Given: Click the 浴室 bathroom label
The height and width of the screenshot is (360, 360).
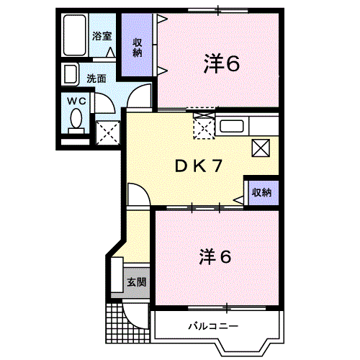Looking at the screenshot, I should pyautogui.click(x=101, y=35).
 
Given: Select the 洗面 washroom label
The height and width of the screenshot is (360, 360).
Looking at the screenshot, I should pyautogui.click(x=96, y=78).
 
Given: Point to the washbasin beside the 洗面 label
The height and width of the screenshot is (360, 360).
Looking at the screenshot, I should pyautogui.click(x=71, y=74).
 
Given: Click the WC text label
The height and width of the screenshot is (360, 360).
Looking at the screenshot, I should pyautogui.click(x=76, y=102).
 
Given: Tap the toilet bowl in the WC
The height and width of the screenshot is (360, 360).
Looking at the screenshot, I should pyautogui.click(x=76, y=120).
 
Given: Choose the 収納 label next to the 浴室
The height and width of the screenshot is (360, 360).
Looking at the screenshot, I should pyautogui.click(x=137, y=47).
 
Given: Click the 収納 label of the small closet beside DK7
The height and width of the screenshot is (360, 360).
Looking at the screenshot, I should pyautogui.click(x=261, y=192).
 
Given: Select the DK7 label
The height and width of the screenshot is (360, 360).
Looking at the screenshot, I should pyautogui.click(x=197, y=166).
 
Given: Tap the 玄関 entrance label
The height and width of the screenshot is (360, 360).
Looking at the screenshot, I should pyautogui.click(x=136, y=282).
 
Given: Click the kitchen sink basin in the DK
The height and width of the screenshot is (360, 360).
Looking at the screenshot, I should pyautogui.click(x=231, y=127).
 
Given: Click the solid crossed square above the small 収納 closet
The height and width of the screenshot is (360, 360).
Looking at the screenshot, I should pyautogui.click(x=261, y=148).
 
